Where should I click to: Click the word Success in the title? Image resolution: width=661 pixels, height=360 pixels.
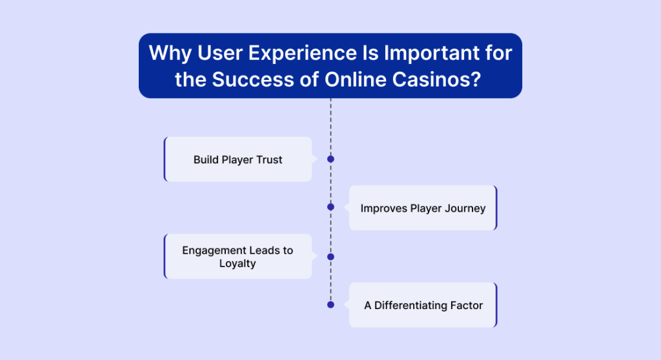coord(253,79)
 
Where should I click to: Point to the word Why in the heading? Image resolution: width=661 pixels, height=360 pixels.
coord(170,54)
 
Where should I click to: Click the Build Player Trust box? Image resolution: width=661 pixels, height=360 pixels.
coord(238,159)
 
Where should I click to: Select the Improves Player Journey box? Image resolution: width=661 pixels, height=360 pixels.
coord(423,208)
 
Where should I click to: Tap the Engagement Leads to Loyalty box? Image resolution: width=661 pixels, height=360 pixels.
coord(238,256)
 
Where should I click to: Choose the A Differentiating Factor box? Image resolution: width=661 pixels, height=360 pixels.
coord(423,305)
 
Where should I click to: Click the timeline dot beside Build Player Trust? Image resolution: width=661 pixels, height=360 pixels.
coord(330,159)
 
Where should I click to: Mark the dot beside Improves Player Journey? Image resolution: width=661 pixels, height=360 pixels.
coord(330,207)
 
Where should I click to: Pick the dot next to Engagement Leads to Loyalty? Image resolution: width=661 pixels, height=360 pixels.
coord(330,257)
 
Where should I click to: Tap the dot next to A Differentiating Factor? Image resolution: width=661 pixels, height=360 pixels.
coord(330,305)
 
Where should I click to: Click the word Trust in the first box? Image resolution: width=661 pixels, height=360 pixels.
coord(269,160)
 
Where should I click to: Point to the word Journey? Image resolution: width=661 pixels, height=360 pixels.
coord(467,208)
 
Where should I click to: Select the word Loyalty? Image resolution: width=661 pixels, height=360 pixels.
coord(238,263)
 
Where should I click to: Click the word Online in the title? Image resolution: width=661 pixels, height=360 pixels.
coord(356,79)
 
